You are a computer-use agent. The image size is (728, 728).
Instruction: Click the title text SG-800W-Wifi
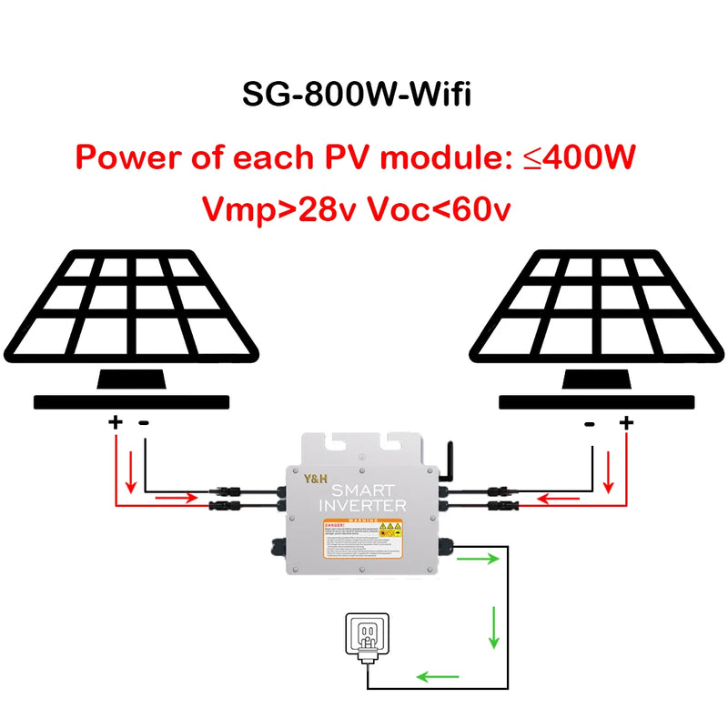(x=356, y=94)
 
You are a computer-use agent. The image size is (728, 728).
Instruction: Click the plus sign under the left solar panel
(x=116, y=421)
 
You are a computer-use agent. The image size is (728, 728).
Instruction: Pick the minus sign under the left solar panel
(x=144, y=422)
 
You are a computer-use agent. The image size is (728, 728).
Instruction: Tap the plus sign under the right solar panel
(x=625, y=421)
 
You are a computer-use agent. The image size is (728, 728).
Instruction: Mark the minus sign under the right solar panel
(x=589, y=422)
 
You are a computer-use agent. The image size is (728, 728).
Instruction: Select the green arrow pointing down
(x=494, y=628)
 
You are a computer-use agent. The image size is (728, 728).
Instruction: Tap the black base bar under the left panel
(x=131, y=401)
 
